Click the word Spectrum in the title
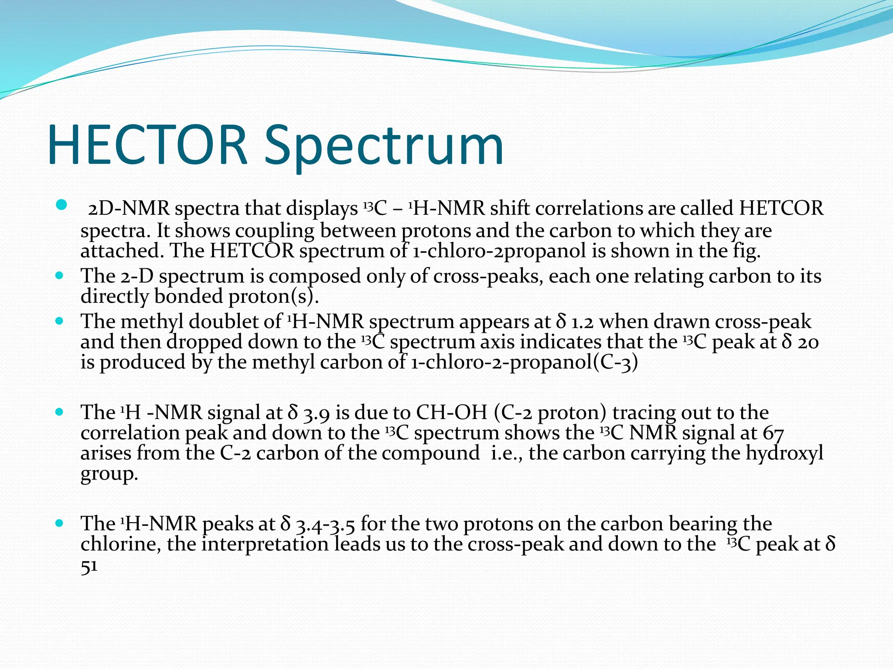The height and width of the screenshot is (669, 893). [x=384, y=146]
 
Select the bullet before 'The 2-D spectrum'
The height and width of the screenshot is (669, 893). [x=59, y=276]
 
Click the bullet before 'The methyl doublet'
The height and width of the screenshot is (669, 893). [x=59, y=321]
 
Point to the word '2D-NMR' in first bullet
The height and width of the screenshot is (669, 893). [x=129, y=209]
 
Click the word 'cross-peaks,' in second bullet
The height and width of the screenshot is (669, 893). [x=488, y=276]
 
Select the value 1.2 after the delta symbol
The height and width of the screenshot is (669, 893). [x=583, y=322]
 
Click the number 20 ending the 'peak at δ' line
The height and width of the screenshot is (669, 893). [x=808, y=342]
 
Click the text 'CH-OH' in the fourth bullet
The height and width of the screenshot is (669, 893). [x=451, y=412]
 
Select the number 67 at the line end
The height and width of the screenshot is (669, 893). [x=774, y=433]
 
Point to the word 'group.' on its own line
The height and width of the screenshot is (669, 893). [x=109, y=474]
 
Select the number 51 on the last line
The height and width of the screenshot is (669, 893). [x=89, y=566]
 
